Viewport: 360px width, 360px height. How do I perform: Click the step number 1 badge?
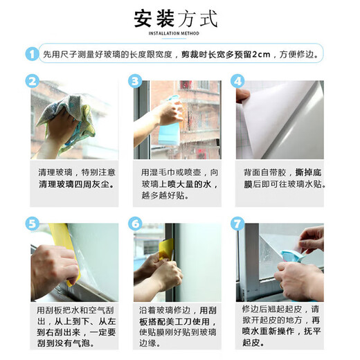(32, 53)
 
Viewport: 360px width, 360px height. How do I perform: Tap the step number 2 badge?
(32, 82)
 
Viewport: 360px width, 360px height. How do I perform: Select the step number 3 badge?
(136, 82)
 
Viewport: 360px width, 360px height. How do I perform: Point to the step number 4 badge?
(239, 82)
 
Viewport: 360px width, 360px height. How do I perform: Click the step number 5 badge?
(32, 224)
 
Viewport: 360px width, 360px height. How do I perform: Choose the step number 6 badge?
(136, 224)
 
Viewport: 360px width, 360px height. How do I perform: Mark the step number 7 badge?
(239, 224)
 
